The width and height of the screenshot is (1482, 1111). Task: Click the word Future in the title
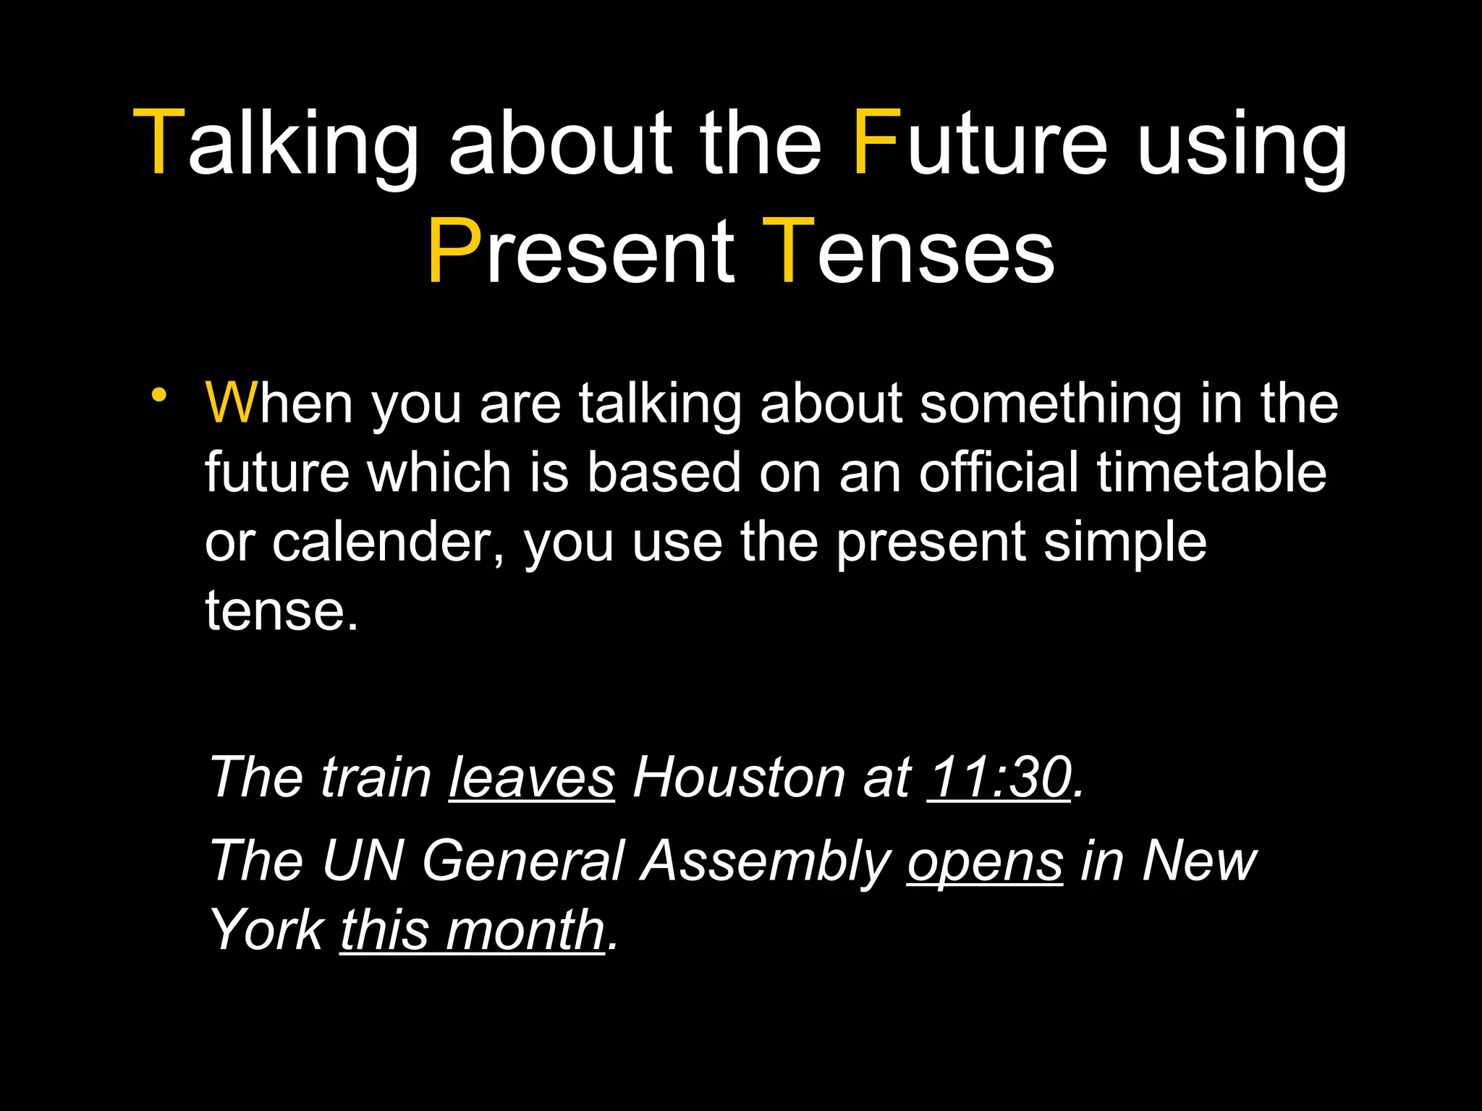click(x=979, y=142)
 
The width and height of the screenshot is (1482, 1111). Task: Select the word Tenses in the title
click(x=908, y=252)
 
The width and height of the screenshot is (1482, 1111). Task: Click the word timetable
click(x=1211, y=472)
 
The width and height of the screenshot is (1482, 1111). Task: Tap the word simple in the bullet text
click(x=1125, y=542)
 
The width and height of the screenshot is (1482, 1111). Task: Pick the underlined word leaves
click(x=532, y=778)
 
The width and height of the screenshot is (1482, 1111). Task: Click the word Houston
click(x=739, y=778)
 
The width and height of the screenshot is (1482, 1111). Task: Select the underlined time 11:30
click(x=999, y=778)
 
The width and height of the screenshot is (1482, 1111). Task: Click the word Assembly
click(x=766, y=861)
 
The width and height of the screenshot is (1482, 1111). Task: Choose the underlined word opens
click(x=985, y=861)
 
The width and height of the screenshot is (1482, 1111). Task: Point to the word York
click(x=266, y=930)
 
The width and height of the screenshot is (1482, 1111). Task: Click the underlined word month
click(x=525, y=930)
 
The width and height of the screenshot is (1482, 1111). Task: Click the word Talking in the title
click(x=276, y=142)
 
